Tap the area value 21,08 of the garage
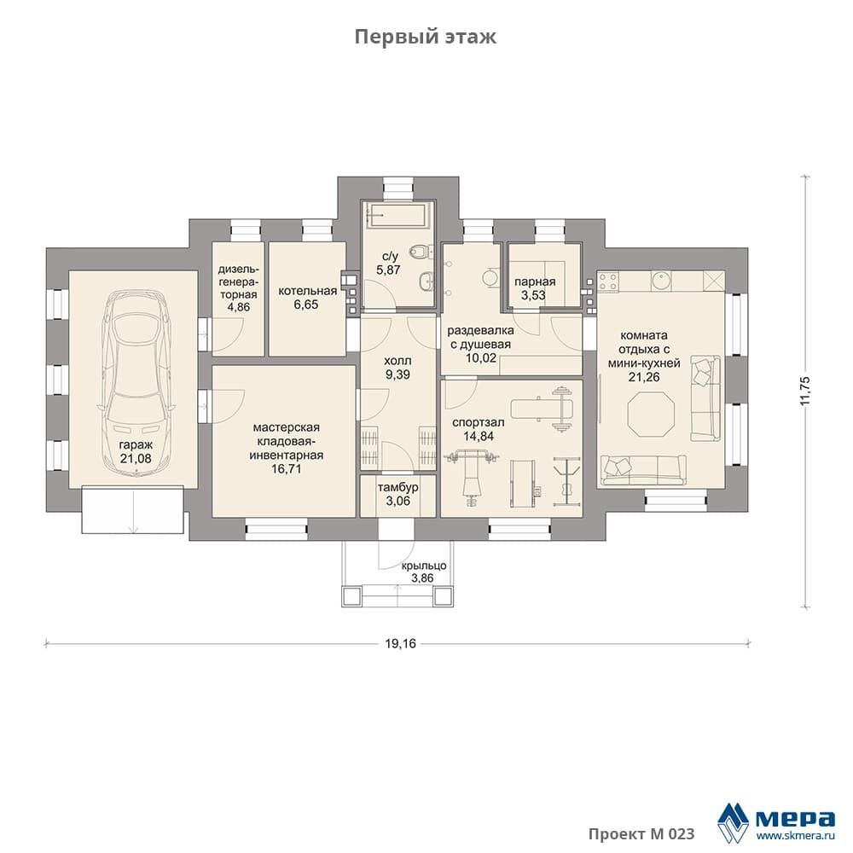point(136,459)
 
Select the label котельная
point(307,291)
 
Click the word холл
point(397,361)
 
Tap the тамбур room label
point(397,487)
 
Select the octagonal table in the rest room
point(651,415)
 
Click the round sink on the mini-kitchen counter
point(660,281)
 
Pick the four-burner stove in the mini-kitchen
point(608,281)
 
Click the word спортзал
point(479,422)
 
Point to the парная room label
point(536,281)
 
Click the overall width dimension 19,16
point(400,643)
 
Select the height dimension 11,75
point(805,390)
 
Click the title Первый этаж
point(426,37)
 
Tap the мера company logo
point(776,821)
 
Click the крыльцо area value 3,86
point(423,577)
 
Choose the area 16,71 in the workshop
point(286,468)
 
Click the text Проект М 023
point(641,833)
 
